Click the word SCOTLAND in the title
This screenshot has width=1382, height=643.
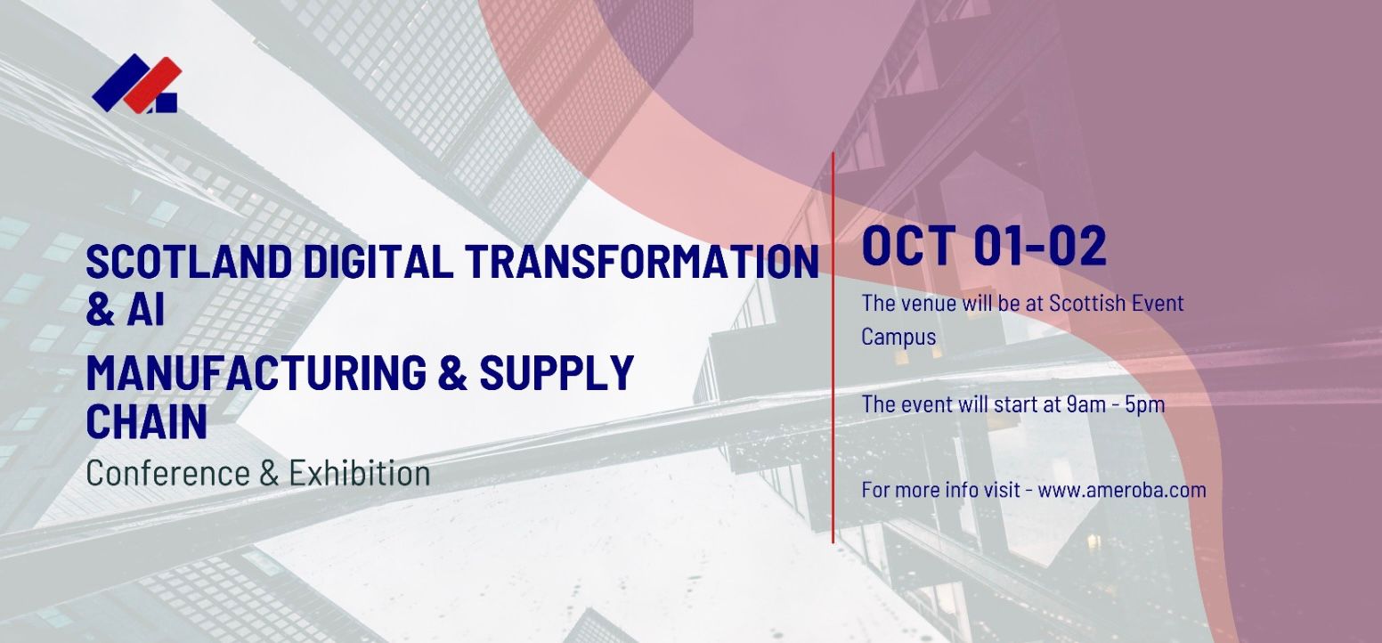pyautogui.click(x=189, y=262)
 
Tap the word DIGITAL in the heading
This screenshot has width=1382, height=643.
pyautogui.click(x=378, y=262)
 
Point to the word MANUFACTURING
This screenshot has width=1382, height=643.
pyautogui.click(x=256, y=372)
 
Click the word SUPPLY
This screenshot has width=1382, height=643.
pyautogui.click(x=557, y=372)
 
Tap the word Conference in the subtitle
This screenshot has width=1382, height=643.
pyautogui.click(x=167, y=473)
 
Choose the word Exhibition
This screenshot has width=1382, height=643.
pyautogui.click(x=360, y=473)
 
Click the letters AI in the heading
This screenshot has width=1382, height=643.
pyautogui.click(x=146, y=310)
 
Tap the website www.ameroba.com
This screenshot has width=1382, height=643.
pyautogui.click(x=1122, y=490)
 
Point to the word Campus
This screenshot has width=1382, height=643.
pyautogui.click(x=898, y=337)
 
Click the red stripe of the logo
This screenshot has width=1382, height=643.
pyautogui.click(x=153, y=85)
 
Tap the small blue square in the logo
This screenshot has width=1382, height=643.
pyautogui.click(x=166, y=103)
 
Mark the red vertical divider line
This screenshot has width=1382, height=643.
pyautogui.click(x=833, y=347)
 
